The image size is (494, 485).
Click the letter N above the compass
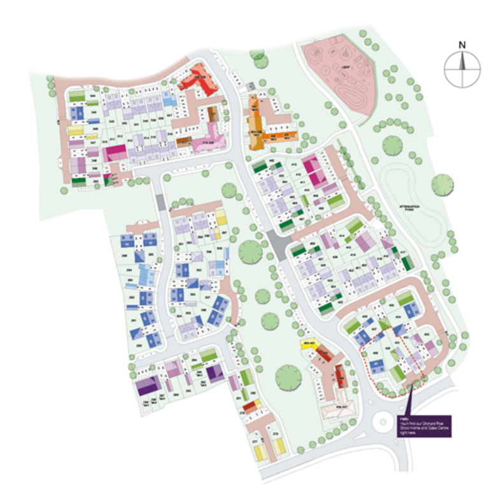[462, 45]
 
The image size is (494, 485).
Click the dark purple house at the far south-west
[146, 386]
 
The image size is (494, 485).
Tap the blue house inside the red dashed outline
[376, 365]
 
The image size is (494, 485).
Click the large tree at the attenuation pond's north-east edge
[442, 185]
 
